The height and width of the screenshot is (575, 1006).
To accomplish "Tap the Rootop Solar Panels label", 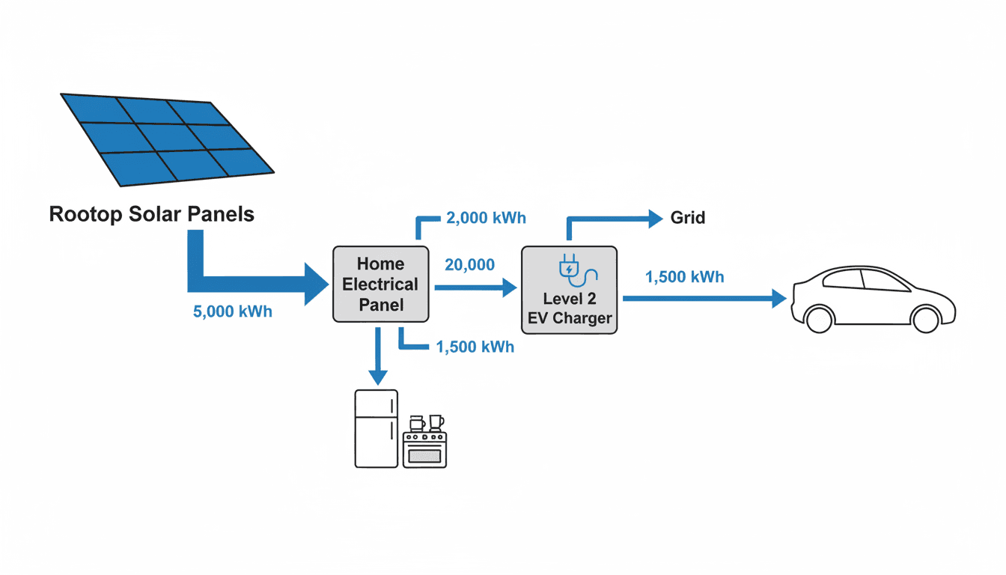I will tap(152, 215).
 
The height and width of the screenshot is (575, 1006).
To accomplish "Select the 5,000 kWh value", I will tap(233, 311).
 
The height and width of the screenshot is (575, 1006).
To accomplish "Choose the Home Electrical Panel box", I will tap(381, 285).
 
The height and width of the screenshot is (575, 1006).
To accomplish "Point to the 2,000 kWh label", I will tap(486, 218).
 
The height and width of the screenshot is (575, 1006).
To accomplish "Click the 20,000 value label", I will tap(469, 265).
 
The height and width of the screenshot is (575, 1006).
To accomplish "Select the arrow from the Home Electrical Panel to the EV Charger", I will tap(476, 287).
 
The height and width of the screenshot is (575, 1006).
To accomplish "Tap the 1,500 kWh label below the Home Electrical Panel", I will tap(475, 347).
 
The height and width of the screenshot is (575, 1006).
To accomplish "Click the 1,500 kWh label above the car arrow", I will tap(684, 277).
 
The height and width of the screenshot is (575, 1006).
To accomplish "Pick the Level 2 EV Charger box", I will tap(569, 290).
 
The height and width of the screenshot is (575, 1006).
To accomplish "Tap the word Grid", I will tap(687, 219).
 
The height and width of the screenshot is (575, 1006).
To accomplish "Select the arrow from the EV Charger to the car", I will tap(704, 299).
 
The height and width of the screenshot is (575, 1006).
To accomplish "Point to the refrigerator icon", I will tap(376, 428).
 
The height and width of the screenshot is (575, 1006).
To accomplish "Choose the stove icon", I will tap(424, 448).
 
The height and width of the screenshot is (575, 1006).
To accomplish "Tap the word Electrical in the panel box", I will tap(380, 285).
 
